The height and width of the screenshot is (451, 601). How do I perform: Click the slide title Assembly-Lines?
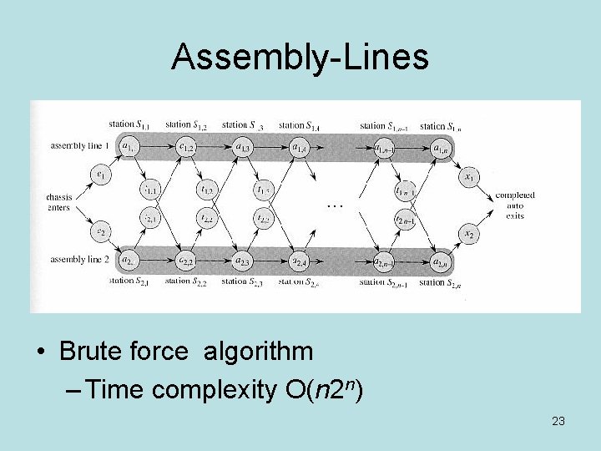pos(300,57)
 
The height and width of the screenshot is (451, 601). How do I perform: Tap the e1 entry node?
pos(101,175)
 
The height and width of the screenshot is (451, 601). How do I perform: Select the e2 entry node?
pos(101,231)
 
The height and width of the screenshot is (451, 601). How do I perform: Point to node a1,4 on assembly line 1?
pos(300,149)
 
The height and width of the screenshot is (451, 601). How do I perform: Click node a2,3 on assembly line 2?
pos(243,261)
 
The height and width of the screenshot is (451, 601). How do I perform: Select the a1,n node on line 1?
pos(440,149)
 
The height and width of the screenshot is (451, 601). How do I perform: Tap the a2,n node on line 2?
pos(440,261)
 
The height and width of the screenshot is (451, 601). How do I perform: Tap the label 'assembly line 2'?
pos(79,260)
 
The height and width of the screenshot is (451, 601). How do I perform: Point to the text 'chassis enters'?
pos(59,202)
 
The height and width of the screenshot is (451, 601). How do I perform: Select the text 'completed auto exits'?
pos(515,205)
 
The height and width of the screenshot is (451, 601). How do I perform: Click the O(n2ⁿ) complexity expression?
pos(331,389)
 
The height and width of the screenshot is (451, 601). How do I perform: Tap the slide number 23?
pos(558,421)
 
